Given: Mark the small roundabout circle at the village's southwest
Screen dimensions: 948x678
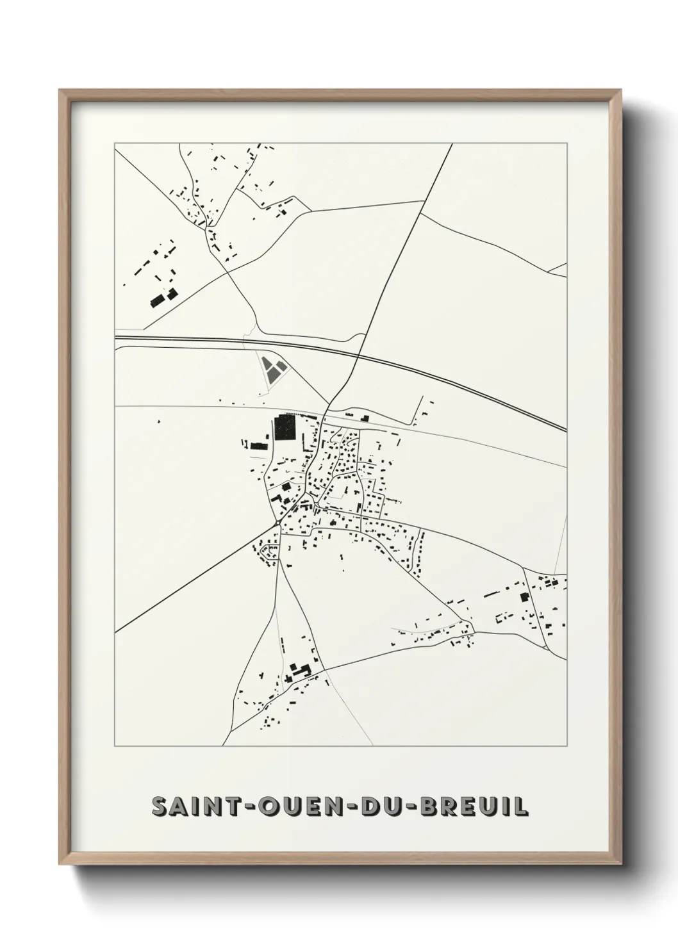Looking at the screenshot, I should click(x=276, y=524).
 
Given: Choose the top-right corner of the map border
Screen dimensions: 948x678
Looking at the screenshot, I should click(x=567, y=143).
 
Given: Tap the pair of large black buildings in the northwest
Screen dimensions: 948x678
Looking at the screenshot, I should click(x=163, y=298).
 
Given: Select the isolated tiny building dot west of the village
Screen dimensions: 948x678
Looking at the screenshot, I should click(x=158, y=421).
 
